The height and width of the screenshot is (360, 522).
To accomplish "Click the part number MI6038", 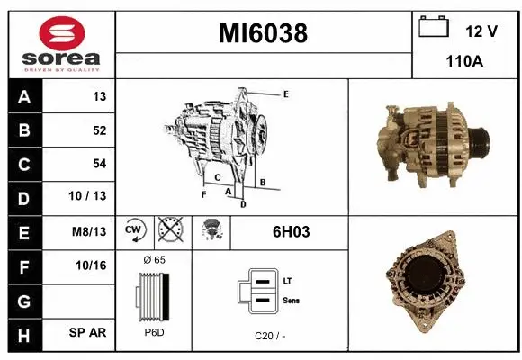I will point(264,33).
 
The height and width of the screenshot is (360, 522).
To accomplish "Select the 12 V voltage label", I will point(481,31).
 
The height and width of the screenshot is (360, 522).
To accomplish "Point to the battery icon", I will point(434,27).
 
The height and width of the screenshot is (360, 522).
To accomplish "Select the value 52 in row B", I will point(99,130).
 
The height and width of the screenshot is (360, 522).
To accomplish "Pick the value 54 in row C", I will point(99,164).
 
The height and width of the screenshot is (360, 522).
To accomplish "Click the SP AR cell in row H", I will point(88,332).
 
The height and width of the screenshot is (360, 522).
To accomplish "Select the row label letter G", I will point(23,299).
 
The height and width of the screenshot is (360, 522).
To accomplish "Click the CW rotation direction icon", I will point(134,231).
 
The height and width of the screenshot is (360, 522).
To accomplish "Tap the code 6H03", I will point(291,232).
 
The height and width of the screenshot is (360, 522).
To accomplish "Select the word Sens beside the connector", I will point(291,300).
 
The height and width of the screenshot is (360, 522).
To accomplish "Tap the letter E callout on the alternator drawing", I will point(285,94).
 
